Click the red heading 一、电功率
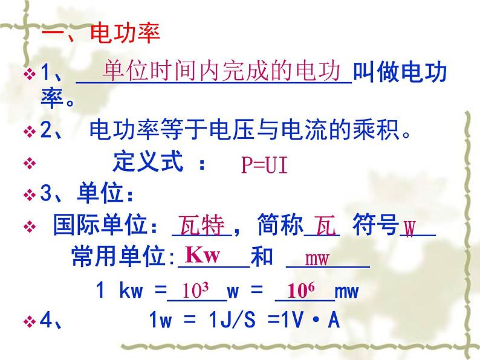[x=100, y=34]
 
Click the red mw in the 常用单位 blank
[x=317, y=260]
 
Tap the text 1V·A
[x=307, y=321]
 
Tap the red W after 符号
[x=410, y=230]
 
